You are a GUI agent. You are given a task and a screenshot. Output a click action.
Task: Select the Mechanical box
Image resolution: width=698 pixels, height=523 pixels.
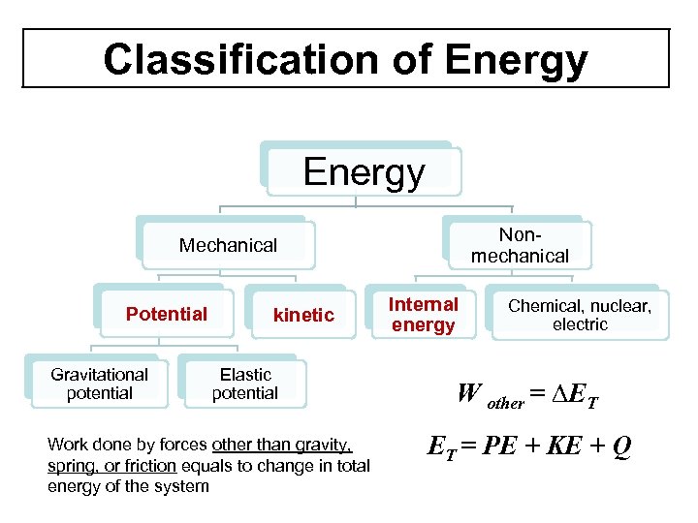[x=228, y=245]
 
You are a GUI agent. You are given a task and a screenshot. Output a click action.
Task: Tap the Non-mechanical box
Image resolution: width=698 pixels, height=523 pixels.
[x=520, y=245]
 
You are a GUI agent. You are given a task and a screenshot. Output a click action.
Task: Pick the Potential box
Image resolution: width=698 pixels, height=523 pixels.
[x=167, y=314]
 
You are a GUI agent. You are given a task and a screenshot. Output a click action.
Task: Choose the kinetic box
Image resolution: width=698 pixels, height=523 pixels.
[x=303, y=315]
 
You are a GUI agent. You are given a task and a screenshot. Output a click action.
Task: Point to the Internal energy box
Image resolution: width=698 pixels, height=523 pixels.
[x=423, y=315]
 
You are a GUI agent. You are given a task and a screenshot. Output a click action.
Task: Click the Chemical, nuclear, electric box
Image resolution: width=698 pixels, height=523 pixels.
[x=580, y=315]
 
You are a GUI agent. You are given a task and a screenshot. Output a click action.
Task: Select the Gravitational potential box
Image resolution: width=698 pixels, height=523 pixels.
[x=99, y=384]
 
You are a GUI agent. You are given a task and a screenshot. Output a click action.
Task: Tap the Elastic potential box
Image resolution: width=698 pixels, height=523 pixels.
[x=244, y=384]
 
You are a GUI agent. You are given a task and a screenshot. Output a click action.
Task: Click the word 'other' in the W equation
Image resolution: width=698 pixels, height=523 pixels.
[x=504, y=402]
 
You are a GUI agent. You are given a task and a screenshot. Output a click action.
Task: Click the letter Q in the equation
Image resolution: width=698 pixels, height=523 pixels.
[x=621, y=446]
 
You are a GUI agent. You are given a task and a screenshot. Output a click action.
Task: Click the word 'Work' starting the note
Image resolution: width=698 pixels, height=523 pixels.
[x=67, y=446]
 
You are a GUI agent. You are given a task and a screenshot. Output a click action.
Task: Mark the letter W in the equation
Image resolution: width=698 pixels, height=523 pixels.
[x=468, y=394]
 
